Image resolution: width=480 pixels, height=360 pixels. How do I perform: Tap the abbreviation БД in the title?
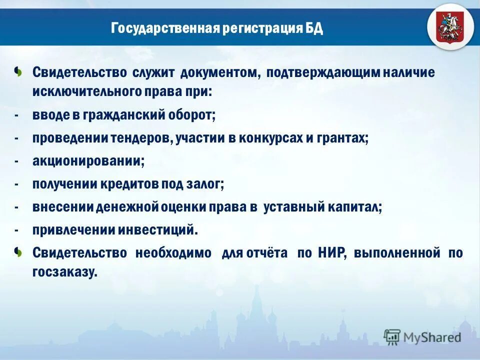[314, 28]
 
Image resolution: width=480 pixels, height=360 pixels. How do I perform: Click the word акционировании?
[88, 161]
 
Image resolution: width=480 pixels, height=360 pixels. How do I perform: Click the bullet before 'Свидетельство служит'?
[18, 71]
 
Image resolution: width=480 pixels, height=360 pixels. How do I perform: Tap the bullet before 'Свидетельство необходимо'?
[18, 252]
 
